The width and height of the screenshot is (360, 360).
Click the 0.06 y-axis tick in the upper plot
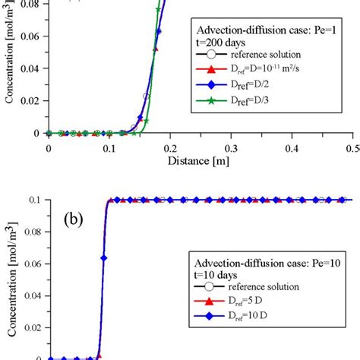coord(31,48)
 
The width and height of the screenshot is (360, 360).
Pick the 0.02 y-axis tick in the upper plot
coord(31,105)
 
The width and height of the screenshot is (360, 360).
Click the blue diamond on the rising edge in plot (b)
coord(104,258)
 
